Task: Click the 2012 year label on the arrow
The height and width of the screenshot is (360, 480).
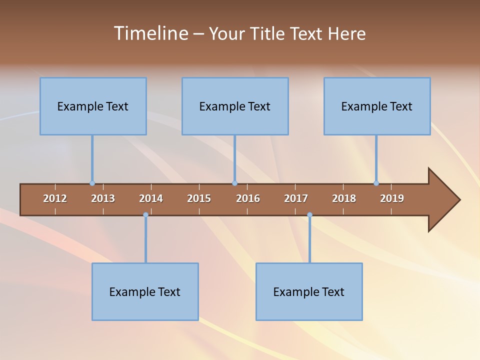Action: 55,198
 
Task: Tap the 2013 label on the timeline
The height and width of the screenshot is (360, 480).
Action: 103,198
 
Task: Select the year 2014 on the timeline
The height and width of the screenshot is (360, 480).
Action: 151,198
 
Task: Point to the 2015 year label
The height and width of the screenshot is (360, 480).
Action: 199,198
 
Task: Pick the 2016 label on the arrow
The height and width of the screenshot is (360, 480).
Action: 248,198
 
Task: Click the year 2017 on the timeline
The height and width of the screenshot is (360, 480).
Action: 296,198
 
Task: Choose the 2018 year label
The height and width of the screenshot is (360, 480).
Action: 344,198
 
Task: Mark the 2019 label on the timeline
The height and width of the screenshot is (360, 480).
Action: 392,198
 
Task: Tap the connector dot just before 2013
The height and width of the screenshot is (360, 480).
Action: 92,183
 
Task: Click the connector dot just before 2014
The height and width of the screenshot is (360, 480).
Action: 145,215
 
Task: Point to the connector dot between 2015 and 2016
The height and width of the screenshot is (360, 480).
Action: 234,183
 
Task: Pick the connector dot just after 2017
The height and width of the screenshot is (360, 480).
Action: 309,215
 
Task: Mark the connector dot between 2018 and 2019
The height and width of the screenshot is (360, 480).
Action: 376,183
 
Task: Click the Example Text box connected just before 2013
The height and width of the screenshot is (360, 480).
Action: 93,106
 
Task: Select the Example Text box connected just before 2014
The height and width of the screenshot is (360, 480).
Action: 145,292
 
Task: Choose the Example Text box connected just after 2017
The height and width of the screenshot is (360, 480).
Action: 309,292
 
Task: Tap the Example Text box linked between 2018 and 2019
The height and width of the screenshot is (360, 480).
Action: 377,106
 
